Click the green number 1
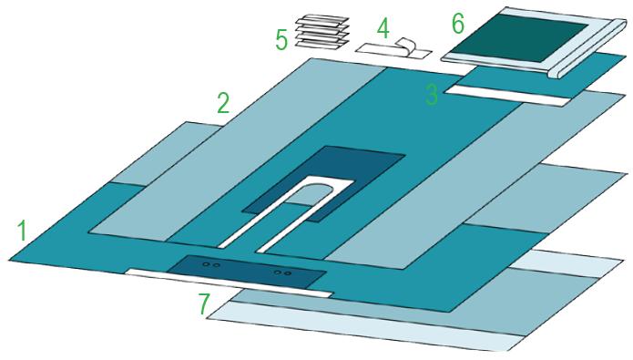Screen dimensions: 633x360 pos(22,231)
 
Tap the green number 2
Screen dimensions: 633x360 pos(223,103)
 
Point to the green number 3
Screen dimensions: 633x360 pos(431,95)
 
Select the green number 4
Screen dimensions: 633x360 pos(383,28)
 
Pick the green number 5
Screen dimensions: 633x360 pos(281,40)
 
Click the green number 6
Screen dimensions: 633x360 pos(458,24)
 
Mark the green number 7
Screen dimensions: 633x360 pos(205,304)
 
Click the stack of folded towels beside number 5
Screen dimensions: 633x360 pos(322,32)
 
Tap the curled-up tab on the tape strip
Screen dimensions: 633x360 pos(405,46)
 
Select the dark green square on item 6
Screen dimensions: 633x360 pos(519,39)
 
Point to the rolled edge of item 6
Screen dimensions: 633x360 pos(590,48)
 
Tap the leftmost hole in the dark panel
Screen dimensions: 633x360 pos(206,264)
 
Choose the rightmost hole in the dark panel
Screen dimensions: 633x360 pos(288,273)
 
